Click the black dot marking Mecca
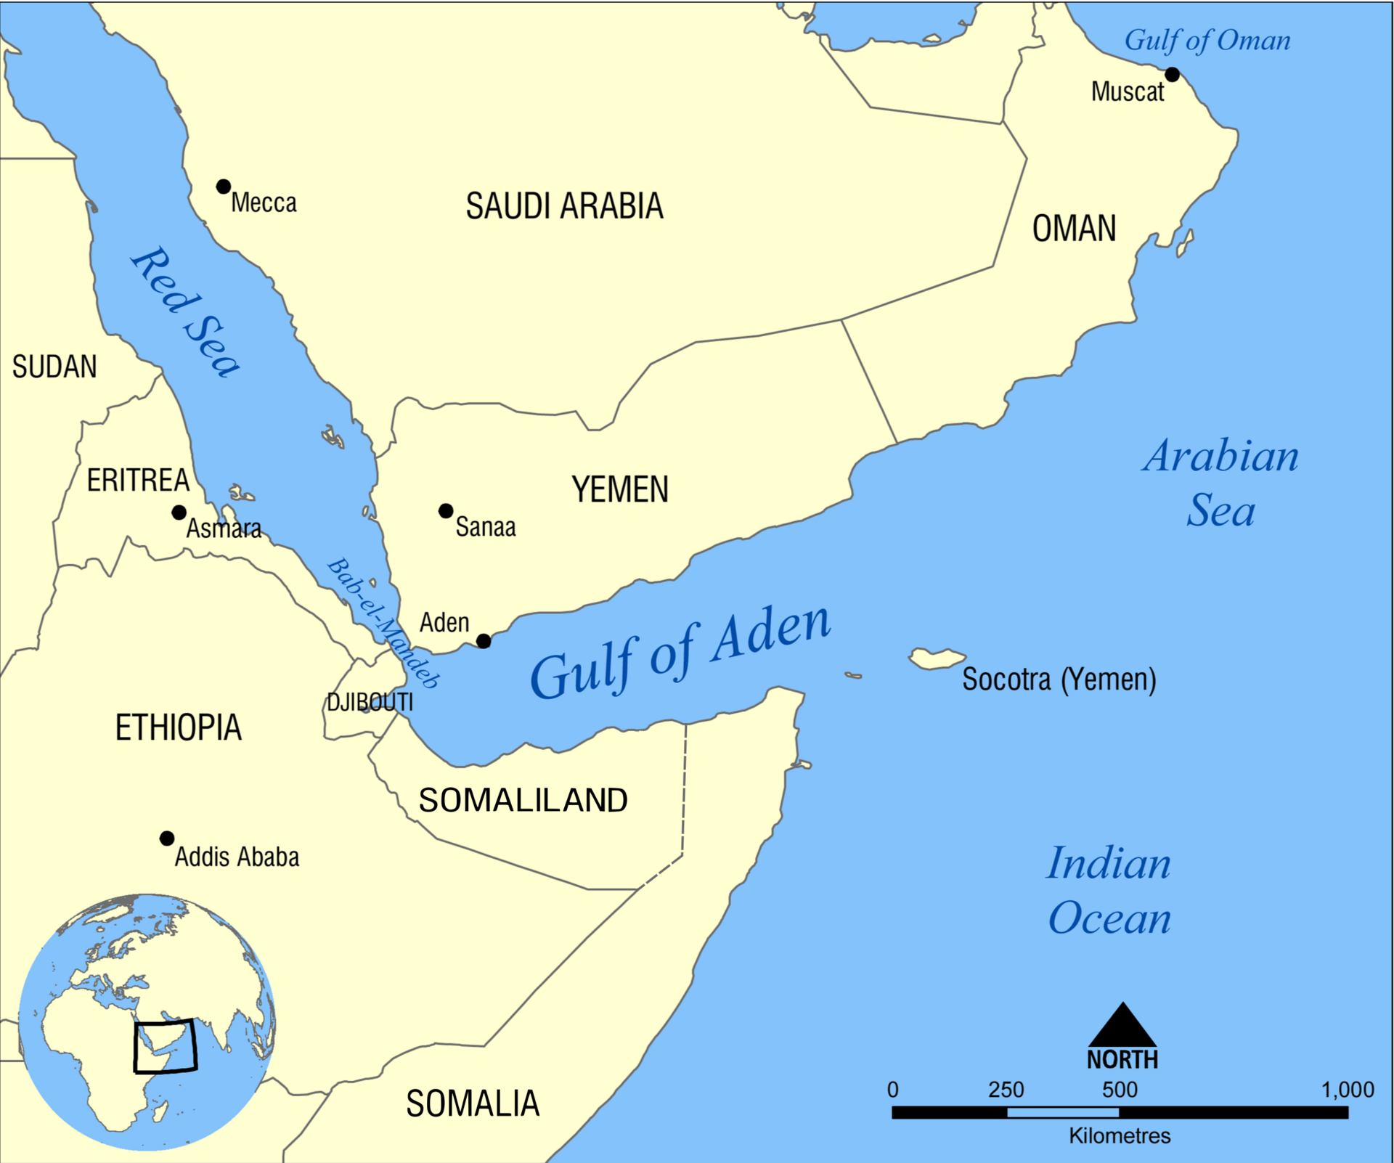pyautogui.click(x=224, y=187)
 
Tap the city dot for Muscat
pyautogui.click(x=1172, y=75)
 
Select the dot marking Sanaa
pyautogui.click(x=446, y=511)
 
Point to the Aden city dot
pyautogui.click(x=484, y=641)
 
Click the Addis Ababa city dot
pyautogui.click(x=167, y=838)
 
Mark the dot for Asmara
pyautogui.click(x=179, y=513)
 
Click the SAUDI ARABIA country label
pyautogui.click(x=564, y=206)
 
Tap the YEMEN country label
pyautogui.click(x=619, y=489)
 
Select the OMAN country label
pyautogui.click(x=1074, y=229)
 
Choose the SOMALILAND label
pyautogui.click(x=523, y=800)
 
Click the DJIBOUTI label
pyautogui.click(x=370, y=702)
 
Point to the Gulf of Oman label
pyautogui.click(x=1207, y=41)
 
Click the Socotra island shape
pyautogui.click(x=936, y=658)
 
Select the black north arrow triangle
pyautogui.click(x=1122, y=1027)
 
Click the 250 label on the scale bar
pyautogui.click(x=1006, y=1090)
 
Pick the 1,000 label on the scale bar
pyautogui.click(x=1347, y=1090)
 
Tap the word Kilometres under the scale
pyautogui.click(x=1120, y=1136)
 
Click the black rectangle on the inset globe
pyautogui.click(x=165, y=1046)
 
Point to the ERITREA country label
pyautogui.click(x=138, y=481)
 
